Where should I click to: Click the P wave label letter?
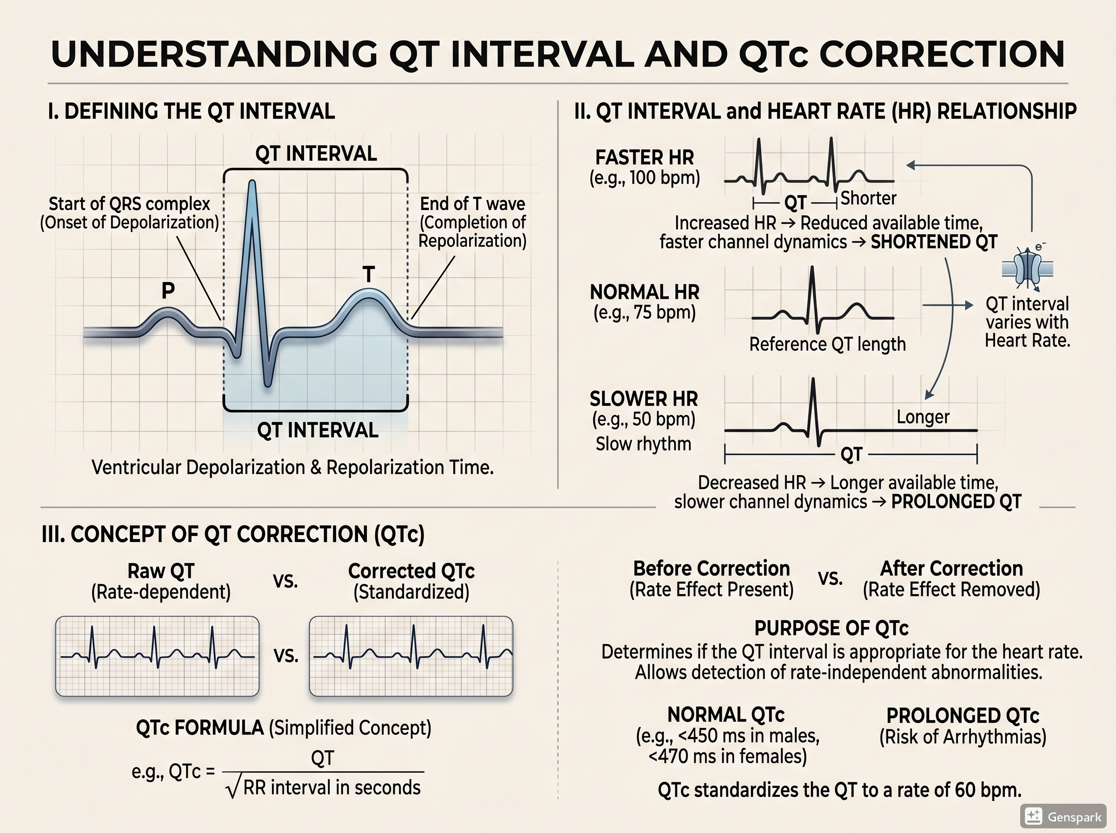pos(168,291)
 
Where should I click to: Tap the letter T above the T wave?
pos(369,275)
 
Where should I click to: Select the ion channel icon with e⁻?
pos(1027,268)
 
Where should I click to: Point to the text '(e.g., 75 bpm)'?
pos(644,313)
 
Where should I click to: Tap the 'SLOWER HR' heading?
pos(644,399)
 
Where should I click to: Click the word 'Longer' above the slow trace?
pos(923,417)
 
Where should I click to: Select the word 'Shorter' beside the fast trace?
pos(868,198)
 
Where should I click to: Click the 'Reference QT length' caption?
pos(827,344)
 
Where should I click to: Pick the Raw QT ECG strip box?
pos(157,656)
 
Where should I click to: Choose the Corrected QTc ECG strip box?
pos(411,656)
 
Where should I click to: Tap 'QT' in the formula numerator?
pos(322,758)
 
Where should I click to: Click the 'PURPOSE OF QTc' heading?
pos(831,628)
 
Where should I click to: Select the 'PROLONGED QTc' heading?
pos(963,716)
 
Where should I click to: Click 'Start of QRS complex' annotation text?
pos(129,204)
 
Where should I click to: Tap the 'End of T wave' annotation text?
pos(472,204)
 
